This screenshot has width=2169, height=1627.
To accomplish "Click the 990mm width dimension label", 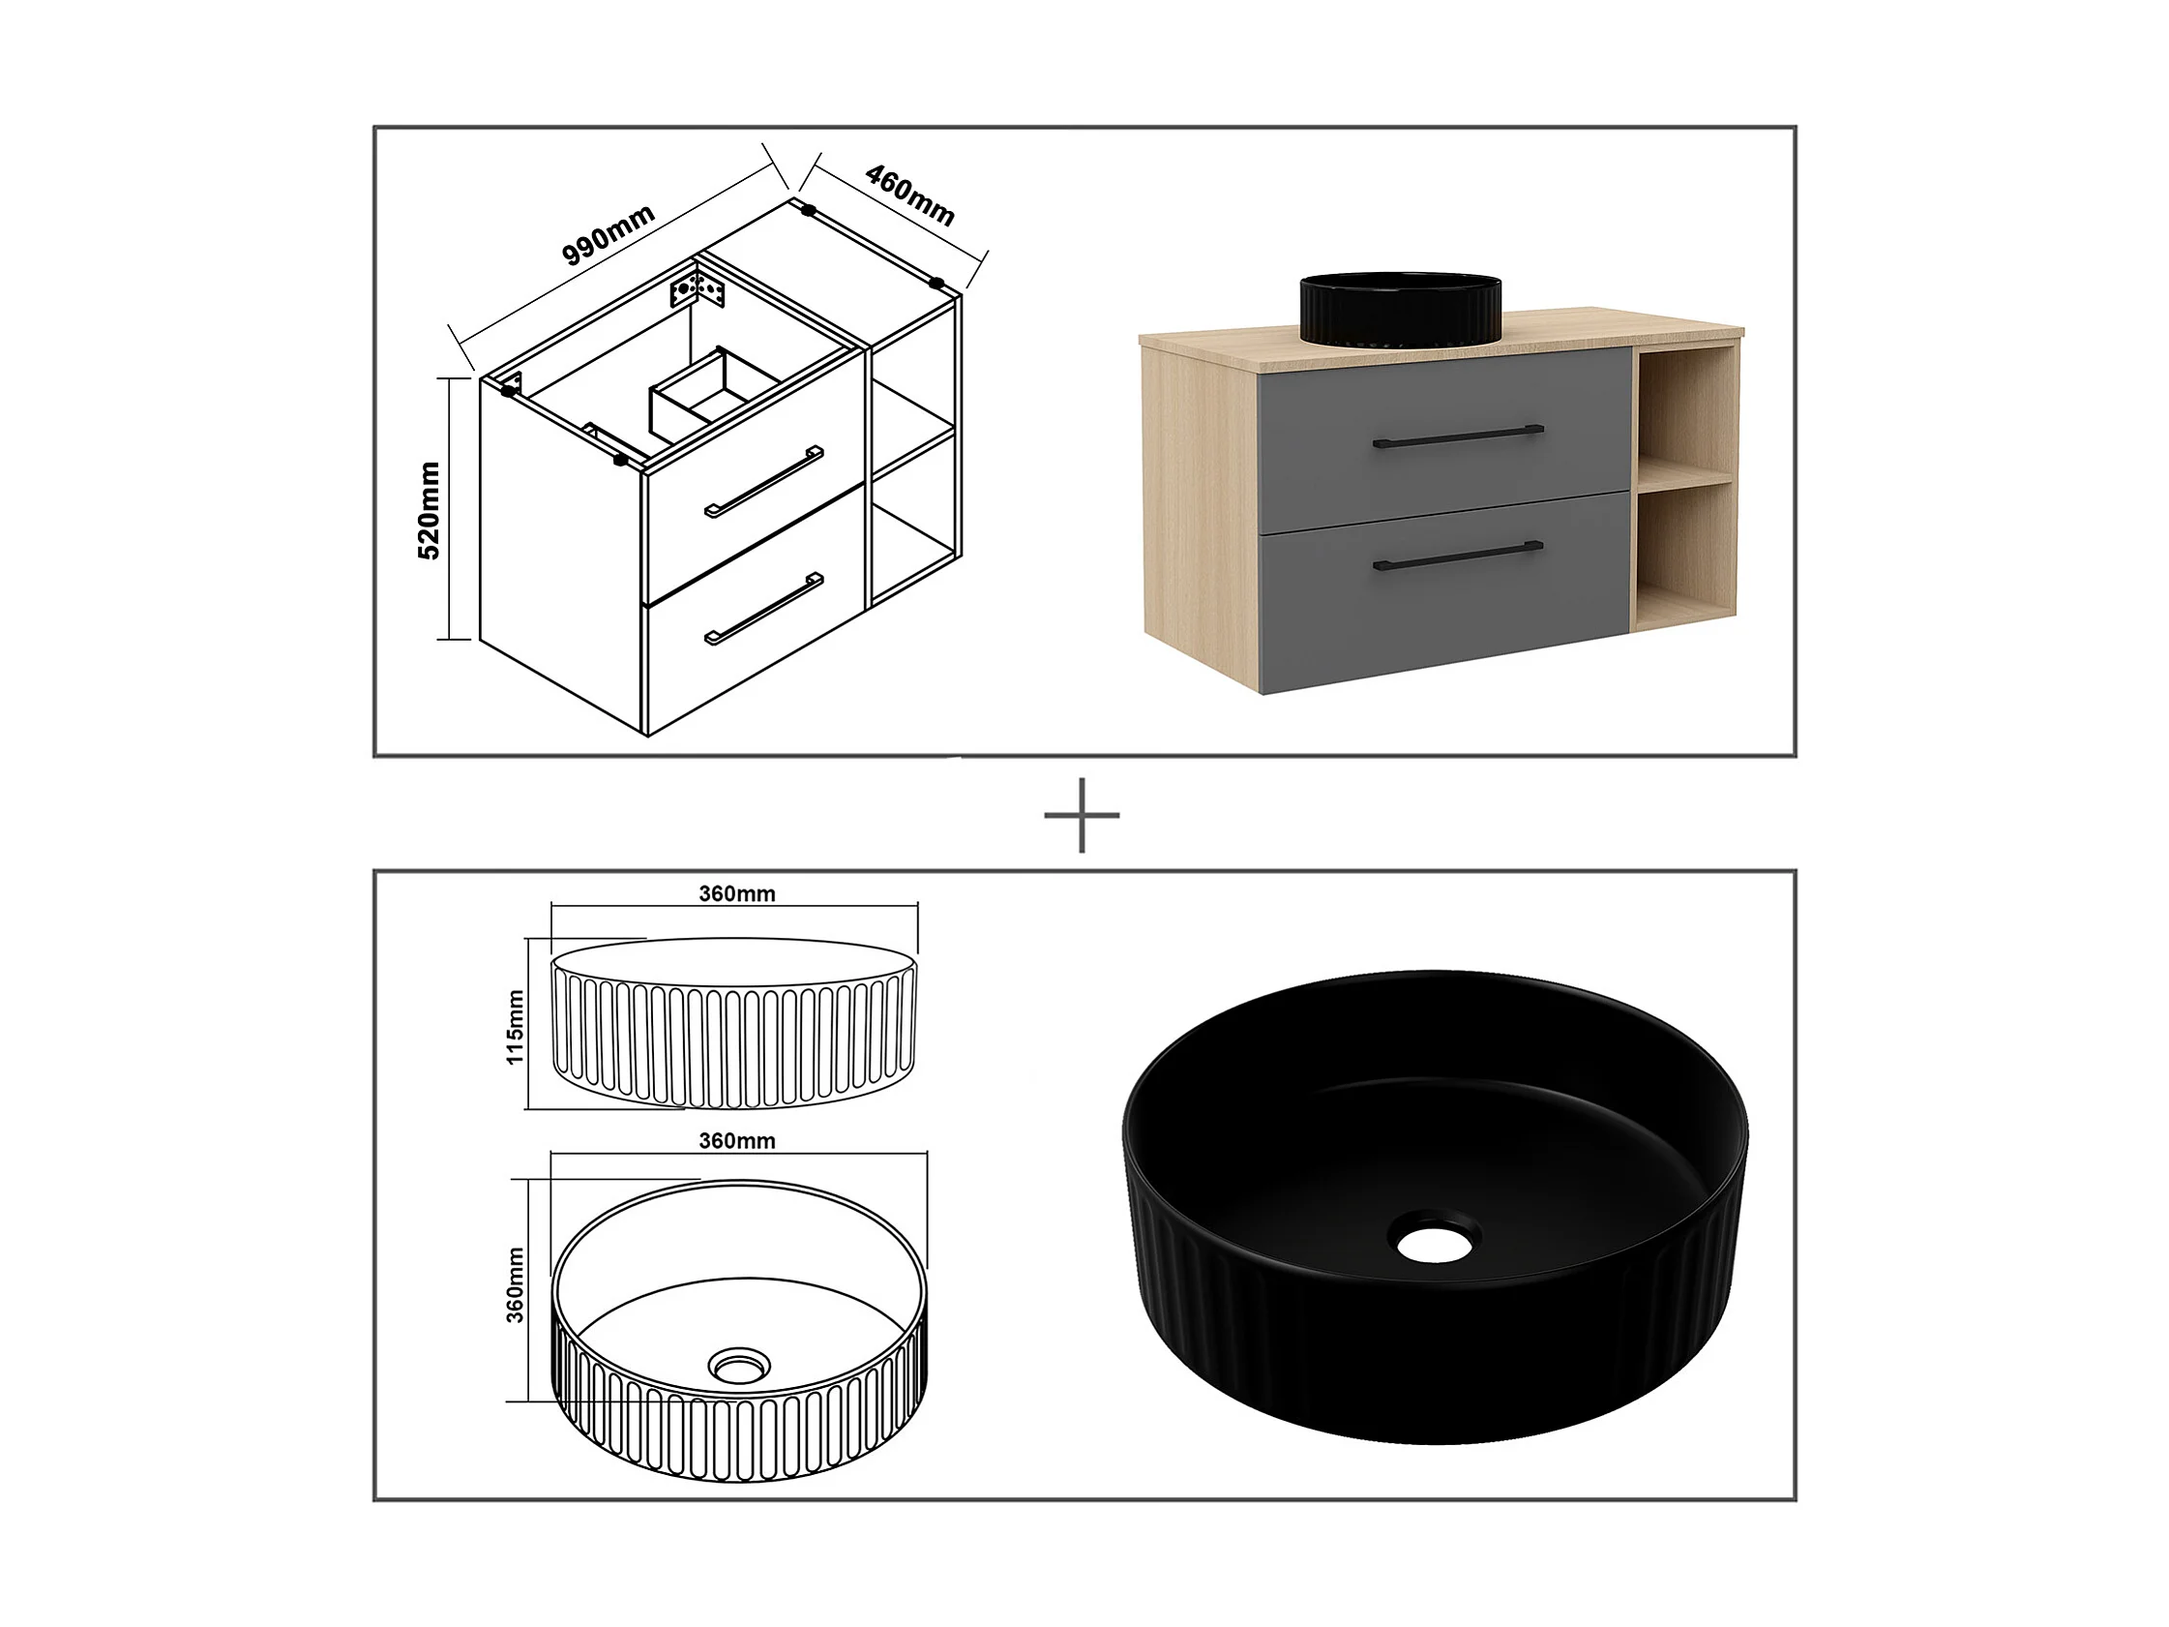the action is click(x=608, y=235).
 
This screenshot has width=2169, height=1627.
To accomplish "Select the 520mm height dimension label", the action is click(x=429, y=510).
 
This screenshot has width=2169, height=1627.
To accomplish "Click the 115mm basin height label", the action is click(x=515, y=1026).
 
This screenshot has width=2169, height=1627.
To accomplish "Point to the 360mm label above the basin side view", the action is click(x=736, y=893).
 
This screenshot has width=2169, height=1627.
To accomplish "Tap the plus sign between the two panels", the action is click(x=1082, y=815).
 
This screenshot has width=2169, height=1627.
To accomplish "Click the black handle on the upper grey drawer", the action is click(x=1458, y=436).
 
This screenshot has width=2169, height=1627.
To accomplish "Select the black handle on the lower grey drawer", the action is click(x=1458, y=556).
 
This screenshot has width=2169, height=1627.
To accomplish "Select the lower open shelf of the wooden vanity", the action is click(x=1683, y=549).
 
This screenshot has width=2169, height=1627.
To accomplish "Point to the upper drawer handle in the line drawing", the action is click(x=764, y=482).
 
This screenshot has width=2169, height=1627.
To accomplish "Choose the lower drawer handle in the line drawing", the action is click(x=764, y=608).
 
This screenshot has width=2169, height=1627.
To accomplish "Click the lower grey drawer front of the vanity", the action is click(x=1445, y=591).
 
